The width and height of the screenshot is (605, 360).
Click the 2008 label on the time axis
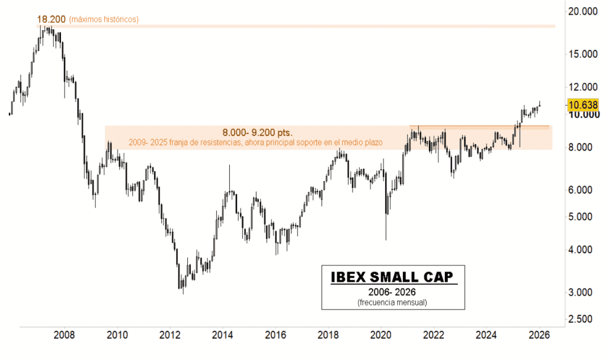coord(64,336)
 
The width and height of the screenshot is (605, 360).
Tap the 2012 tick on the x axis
coord(170,336)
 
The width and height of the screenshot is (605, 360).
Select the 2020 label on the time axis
coord(381,336)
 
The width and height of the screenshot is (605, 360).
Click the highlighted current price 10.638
coord(583,105)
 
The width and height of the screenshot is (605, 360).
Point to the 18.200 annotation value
coord(51,20)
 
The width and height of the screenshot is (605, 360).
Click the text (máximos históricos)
coord(103,20)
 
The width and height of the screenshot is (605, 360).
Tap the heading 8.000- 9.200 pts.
coord(257,132)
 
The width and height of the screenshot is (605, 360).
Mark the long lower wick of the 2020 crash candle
coord(386,228)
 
